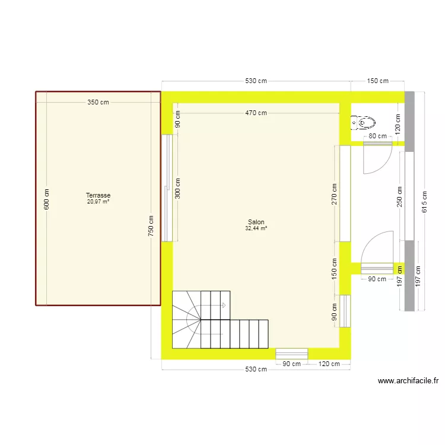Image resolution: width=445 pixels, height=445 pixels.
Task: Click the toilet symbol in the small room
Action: pos(364,123)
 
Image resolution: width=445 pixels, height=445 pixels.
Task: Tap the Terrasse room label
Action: pos(98,195)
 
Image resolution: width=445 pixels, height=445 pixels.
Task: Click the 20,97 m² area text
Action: pos(98,202)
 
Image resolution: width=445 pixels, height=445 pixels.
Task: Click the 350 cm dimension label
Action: pos(98,102)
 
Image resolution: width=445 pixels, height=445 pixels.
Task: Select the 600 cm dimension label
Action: pos(47,199)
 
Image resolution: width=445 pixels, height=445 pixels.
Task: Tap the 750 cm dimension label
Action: pos(151,225)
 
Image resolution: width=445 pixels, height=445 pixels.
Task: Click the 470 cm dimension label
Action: pos(256,113)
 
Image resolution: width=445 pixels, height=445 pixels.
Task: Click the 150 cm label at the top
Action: pos(377,81)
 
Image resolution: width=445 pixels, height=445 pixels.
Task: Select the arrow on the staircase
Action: pos(223,306)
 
